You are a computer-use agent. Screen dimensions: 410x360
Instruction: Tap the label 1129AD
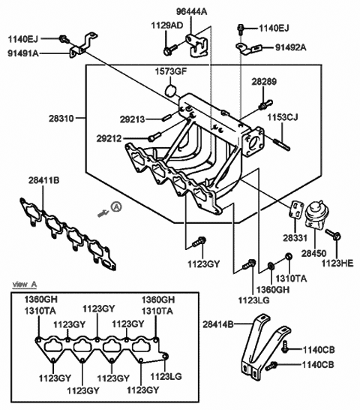coord(167,26)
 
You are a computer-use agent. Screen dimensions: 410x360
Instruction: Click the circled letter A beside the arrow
coord(116,207)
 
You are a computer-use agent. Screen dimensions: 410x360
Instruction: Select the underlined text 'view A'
coord(26,285)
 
